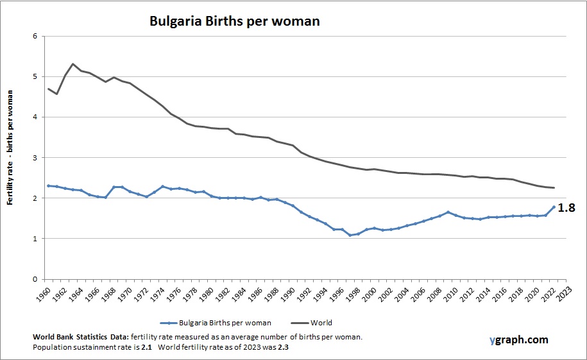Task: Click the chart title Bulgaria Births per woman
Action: tap(234, 21)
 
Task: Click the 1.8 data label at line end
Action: tap(566, 208)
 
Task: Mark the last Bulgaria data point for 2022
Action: tap(553, 207)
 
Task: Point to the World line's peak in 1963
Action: tap(73, 64)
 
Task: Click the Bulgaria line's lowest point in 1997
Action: tap(350, 236)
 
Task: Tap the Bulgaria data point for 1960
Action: tap(49, 185)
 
